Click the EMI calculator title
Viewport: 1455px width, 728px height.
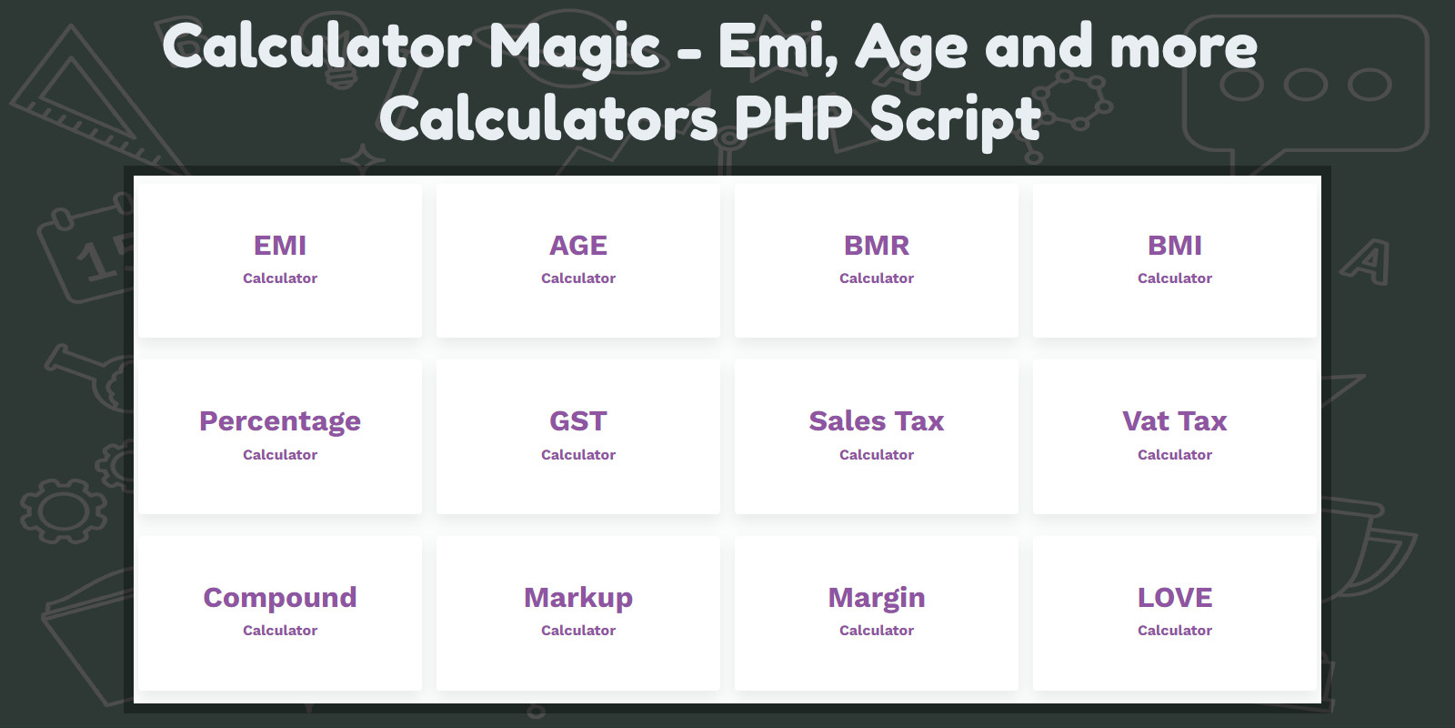pos(280,246)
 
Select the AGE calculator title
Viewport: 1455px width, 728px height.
pos(578,246)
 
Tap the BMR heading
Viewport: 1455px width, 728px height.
pos(877,246)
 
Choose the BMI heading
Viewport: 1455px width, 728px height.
pos(1174,246)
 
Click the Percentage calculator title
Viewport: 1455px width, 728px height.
pos(280,422)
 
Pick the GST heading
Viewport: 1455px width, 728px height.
pos(578,421)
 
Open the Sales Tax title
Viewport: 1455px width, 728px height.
pos(877,421)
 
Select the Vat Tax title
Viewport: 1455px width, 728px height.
pos(1174,421)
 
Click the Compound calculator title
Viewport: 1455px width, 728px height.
pos(280,598)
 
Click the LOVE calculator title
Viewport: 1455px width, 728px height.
pos(1174,598)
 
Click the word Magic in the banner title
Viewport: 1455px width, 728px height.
pos(574,49)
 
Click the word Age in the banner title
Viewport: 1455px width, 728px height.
pos(910,50)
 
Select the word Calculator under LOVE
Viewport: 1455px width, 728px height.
pos(1174,631)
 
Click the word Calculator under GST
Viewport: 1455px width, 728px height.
pos(578,455)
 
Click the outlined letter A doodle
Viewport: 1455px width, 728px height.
pos(1366,262)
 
